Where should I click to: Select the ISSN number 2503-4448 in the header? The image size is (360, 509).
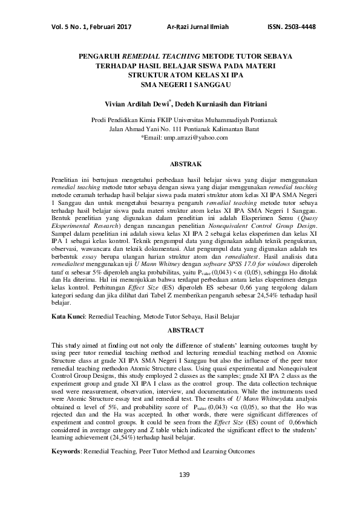293,27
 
